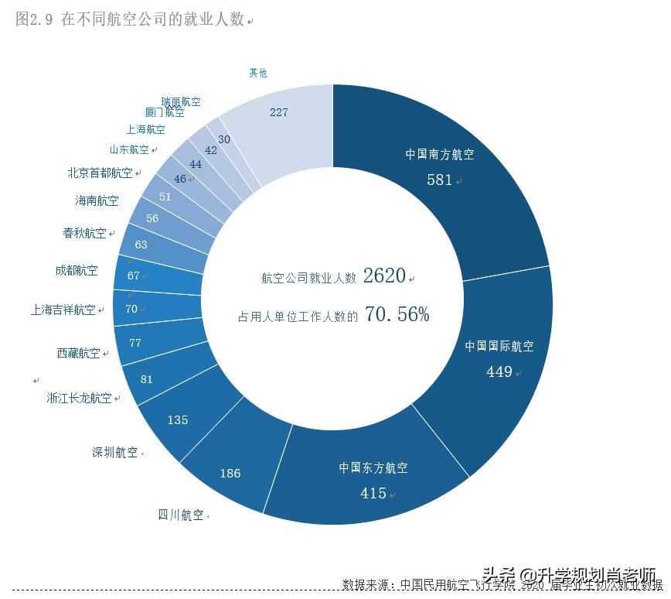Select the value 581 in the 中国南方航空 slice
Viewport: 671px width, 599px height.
[439, 180]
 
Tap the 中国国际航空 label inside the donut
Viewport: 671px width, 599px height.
[499, 346]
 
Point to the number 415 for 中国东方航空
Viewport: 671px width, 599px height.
[373, 493]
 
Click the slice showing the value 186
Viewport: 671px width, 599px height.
[230, 473]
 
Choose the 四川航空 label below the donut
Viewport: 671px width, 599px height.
[181, 515]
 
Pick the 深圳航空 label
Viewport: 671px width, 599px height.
[115, 453]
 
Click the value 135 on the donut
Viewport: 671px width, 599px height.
[178, 419]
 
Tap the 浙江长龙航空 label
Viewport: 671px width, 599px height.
[79, 398]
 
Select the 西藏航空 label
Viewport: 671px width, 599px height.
[78, 353]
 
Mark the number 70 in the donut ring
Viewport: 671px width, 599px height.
[131, 309]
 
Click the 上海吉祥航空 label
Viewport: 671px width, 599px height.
[63, 310]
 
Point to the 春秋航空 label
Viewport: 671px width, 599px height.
[84, 233]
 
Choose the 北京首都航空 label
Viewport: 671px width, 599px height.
[100, 173]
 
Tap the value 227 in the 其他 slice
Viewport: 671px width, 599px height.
[279, 112]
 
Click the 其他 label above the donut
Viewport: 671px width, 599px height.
[258, 73]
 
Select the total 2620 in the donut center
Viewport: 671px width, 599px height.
[384, 276]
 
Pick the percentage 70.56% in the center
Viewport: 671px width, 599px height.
[397, 314]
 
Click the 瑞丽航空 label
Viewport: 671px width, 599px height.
[181, 101]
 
